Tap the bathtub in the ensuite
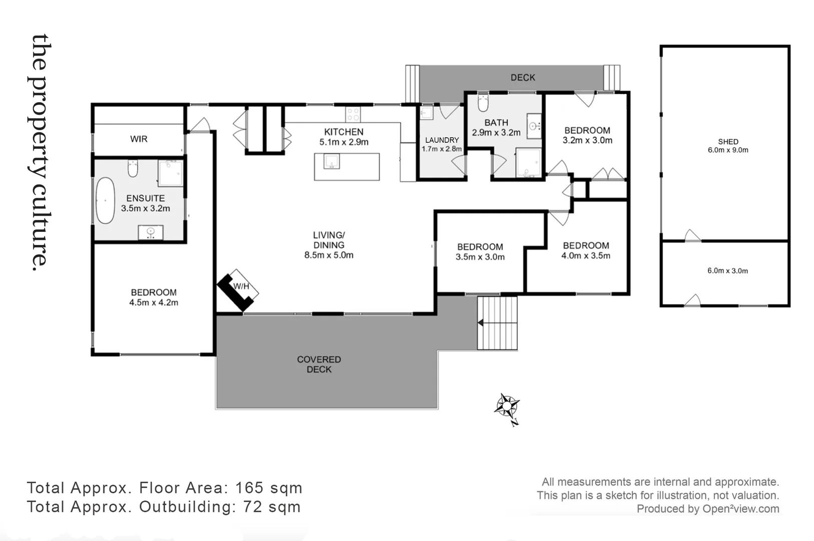coord(105,200)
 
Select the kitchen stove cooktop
coord(353,114)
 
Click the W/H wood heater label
coord(241,287)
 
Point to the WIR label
coord(139,139)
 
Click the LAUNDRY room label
coord(442,140)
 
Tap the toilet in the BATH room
coord(483,103)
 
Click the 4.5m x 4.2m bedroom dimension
coord(154,303)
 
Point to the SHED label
coord(728,141)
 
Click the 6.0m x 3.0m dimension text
coord(727,271)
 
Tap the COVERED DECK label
coord(319,364)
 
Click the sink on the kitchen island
coord(331,161)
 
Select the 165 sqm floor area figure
coord(269,487)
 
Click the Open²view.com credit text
coord(740,508)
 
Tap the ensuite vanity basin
coord(151,232)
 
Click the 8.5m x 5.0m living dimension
coord(329,255)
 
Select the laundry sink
coord(426,113)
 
